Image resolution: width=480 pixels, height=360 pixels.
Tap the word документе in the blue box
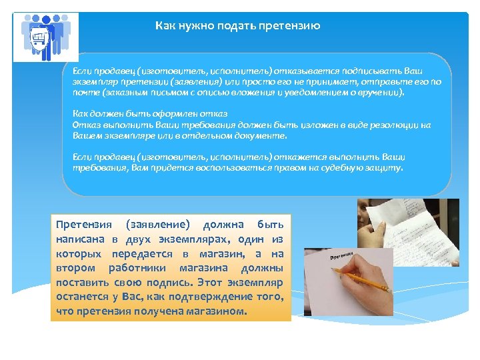click(259, 135)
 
